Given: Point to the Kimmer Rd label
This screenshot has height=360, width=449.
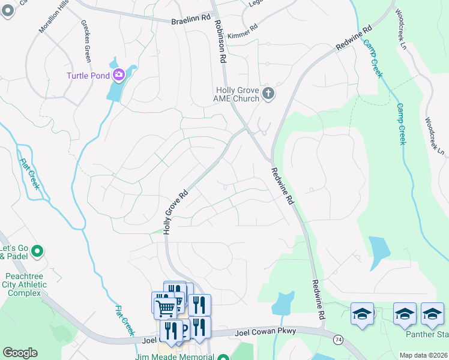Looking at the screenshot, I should (x=243, y=28).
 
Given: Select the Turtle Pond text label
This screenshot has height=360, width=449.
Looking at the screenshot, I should (x=87, y=75).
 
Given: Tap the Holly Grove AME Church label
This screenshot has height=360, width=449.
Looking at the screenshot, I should (x=238, y=94).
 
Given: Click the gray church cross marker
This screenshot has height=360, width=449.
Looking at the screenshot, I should (x=268, y=94).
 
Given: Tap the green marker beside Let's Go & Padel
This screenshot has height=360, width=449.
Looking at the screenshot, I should (x=37, y=251).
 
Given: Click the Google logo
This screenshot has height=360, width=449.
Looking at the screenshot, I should (x=20, y=353).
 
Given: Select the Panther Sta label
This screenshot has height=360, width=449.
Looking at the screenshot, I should (x=427, y=334).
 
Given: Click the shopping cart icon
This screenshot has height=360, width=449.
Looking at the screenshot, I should (x=164, y=308).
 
